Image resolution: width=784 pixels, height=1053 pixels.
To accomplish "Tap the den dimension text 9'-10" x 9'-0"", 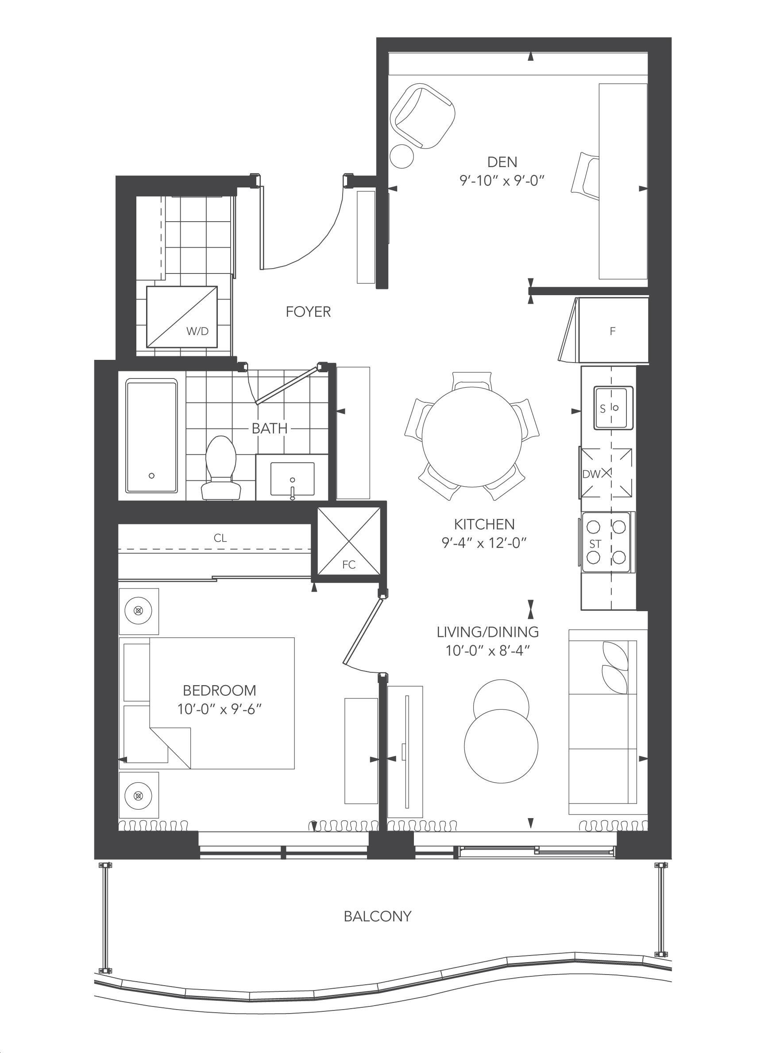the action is tap(502, 181).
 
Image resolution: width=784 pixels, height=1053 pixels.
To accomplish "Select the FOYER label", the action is tap(308, 312).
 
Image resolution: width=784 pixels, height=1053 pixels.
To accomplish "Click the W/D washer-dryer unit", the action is tap(182, 317).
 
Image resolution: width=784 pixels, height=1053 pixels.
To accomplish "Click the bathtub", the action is tap(151, 436).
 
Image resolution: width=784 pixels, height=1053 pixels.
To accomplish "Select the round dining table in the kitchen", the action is tap(472, 437).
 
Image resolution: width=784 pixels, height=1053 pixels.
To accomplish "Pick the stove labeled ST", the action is tap(606, 542).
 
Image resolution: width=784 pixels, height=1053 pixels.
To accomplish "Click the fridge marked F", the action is tap(613, 330).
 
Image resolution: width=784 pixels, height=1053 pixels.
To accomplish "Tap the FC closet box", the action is tap(349, 542).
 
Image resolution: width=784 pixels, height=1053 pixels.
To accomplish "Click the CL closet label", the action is tap(220, 538).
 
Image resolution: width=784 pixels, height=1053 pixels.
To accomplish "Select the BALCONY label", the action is tap(377, 916).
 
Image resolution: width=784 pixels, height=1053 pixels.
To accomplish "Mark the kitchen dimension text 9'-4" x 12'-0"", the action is tap(484, 543).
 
